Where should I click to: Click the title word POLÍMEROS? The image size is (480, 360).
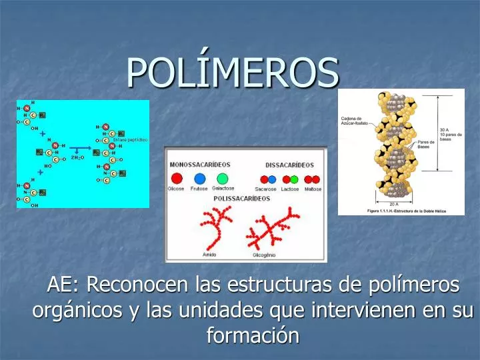tap(233, 71)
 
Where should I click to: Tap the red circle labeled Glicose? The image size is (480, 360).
tap(177, 179)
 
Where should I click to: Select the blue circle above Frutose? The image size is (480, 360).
tap(199, 179)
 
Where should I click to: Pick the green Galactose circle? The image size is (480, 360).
tap(222, 179)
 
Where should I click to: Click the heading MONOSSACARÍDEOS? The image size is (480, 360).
tap(200, 164)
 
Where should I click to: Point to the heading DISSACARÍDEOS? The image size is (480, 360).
tap(289, 165)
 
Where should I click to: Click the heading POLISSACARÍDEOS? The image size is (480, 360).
tap(241, 199)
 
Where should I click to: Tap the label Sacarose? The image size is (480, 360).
tap(265, 189)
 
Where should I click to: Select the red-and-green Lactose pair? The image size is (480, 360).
tap(290, 179)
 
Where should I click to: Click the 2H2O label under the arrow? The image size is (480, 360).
tap(77, 157)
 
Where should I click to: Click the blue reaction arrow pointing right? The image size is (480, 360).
tap(80, 149)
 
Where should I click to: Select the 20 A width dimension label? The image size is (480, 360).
tap(395, 204)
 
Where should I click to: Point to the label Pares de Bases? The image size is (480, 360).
tap(427, 145)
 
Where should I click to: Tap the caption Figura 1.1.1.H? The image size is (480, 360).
tap(401, 211)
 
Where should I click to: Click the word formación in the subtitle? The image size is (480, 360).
tap(253, 335)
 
